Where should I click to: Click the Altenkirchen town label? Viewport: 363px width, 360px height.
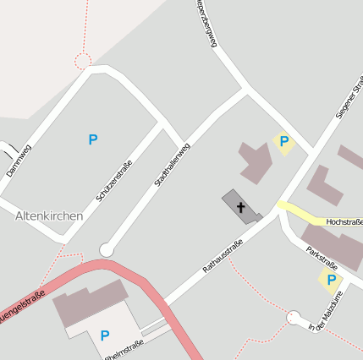tap(49, 215)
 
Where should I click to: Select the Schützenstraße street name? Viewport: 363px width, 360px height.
tap(114, 180)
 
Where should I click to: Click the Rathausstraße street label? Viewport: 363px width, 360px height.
tap(223, 257)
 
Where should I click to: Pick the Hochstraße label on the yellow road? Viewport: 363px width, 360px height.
tap(343, 221)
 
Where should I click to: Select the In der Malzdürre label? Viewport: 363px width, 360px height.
tap(328, 311)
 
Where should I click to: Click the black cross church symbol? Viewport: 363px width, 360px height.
tap(240, 207)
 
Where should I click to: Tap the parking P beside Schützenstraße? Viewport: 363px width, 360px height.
tap(93, 139)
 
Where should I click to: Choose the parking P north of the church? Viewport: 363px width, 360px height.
tap(284, 142)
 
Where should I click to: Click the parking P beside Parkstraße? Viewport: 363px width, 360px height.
tap(331, 280)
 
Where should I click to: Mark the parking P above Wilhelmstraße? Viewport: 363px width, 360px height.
tap(105, 335)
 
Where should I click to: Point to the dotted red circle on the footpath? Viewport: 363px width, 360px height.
tap(83, 61)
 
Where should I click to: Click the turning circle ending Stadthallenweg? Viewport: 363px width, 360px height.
tap(106, 249)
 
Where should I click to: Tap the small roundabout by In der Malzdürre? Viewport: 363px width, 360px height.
tap(294, 318)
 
